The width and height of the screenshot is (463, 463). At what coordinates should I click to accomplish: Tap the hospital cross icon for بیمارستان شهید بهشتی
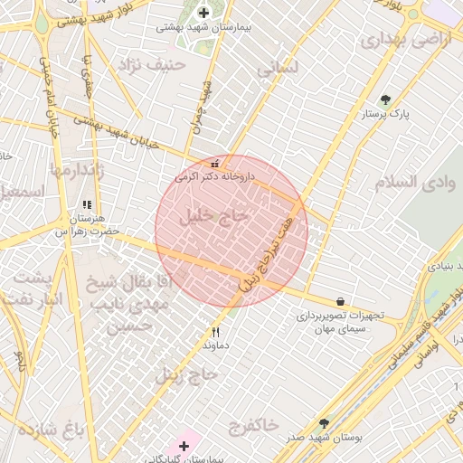pyautogui.click(x=203, y=13)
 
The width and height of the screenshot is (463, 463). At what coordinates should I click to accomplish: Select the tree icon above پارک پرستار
pyautogui.click(x=386, y=99)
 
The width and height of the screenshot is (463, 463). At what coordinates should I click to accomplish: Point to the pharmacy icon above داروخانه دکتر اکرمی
pyautogui.click(x=214, y=164)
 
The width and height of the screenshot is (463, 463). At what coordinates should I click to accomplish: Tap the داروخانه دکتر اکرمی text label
pyautogui.click(x=221, y=177)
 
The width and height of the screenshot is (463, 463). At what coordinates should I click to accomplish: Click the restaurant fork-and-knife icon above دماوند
pyautogui.click(x=215, y=332)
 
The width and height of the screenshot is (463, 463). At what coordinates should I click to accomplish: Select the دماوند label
pyautogui.click(x=215, y=345)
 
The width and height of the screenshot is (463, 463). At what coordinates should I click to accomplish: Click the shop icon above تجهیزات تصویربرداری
pyautogui.click(x=340, y=302)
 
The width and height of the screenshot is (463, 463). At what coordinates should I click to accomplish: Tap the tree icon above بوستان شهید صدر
pyautogui.click(x=324, y=422)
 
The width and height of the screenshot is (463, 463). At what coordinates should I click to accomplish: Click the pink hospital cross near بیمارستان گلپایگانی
pyautogui.click(x=184, y=446)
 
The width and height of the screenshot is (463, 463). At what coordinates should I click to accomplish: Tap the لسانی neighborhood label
pyautogui.click(x=278, y=69)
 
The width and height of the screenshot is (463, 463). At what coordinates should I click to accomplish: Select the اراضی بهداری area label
pyautogui.click(x=392, y=40)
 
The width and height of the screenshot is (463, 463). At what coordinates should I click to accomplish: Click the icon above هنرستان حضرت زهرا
pyautogui.click(x=87, y=206)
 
